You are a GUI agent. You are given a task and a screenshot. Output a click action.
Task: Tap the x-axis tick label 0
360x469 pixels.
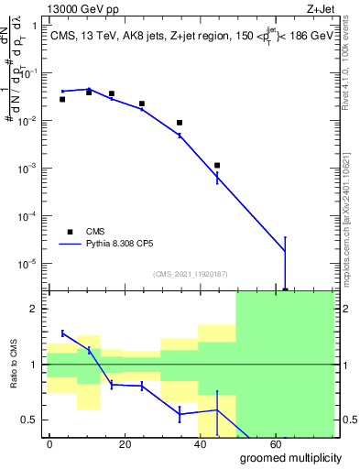(x=49, y=442)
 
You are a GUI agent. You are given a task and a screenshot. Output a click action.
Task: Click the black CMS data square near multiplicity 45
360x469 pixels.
(x=217, y=166)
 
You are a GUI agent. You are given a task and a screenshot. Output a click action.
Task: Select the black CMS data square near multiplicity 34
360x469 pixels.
(x=180, y=123)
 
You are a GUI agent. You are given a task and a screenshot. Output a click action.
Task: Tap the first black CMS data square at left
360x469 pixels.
(x=62, y=99)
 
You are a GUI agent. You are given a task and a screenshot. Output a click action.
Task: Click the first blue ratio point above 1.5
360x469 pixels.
(x=62, y=333)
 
